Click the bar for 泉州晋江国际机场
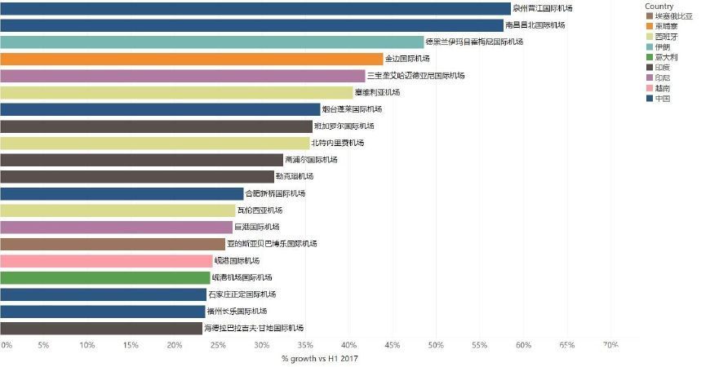[255, 8]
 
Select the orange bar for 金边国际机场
[191, 59]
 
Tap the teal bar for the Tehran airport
[211, 42]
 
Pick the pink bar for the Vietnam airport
[106, 261]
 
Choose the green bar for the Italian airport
[105, 277]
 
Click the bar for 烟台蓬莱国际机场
[160, 109]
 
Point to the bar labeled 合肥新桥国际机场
[122, 193]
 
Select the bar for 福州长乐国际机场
[103, 312]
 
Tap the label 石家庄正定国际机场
[242, 294]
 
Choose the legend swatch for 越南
[649, 88]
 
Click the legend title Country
[659, 7]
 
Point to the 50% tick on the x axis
[436, 346]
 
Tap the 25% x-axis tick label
[218, 346]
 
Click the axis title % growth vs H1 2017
[319, 359]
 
